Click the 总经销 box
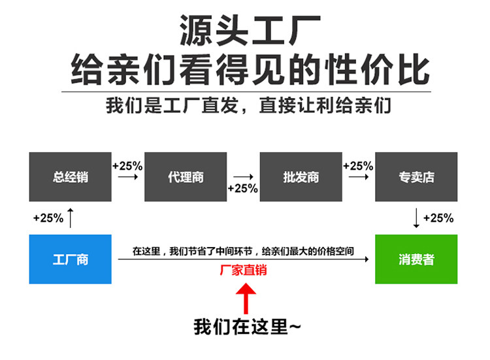70,176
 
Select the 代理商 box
186,176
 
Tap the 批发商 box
301,176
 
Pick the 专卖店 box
416,176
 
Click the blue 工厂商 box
70,259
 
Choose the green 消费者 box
416,259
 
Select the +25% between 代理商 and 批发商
243,189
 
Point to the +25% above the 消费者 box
438,218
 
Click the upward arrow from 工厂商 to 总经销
71,217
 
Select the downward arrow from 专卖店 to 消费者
417,218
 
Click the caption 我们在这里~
246,326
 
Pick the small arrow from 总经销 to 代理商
127,177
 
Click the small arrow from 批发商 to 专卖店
358,177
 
